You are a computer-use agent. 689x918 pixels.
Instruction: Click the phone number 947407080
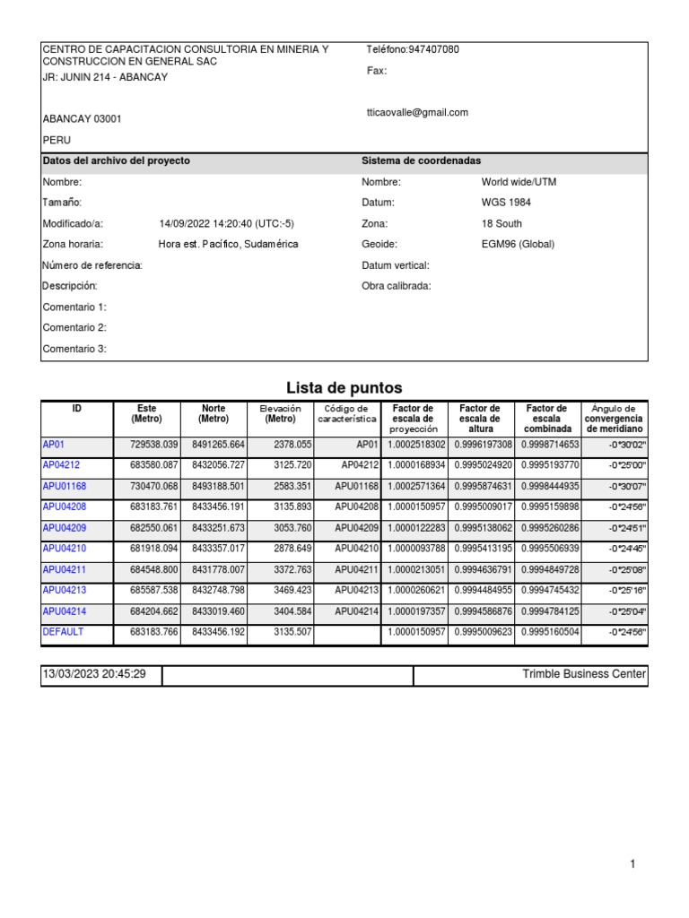[x=433, y=49]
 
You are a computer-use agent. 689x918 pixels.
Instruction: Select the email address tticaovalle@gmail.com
[x=417, y=113]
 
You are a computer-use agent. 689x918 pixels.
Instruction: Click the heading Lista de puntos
[x=344, y=387]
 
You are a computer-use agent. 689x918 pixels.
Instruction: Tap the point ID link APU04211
[x=64, y=569]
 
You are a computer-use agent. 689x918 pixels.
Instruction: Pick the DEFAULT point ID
[x=63, y=632]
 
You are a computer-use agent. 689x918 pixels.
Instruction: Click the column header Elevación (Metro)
[x=280, y=413]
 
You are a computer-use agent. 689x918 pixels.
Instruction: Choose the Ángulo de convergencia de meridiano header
[x=614, y=419]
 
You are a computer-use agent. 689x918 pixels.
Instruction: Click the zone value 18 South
[x=501, y=223]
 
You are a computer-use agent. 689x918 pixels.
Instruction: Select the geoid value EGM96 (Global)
[x=518, y=244]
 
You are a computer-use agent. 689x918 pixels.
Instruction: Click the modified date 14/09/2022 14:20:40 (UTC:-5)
[x=226, y=223]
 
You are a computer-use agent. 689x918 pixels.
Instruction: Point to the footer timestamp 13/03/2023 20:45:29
[x=94, y=674]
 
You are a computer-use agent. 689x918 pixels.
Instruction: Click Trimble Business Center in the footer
[x=583, y=674]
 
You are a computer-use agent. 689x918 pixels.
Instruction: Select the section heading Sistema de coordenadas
[x=421, y=160]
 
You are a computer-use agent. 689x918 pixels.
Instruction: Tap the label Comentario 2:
[x=74, y=328]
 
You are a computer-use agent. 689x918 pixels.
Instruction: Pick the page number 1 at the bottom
[x=632, y=864]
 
